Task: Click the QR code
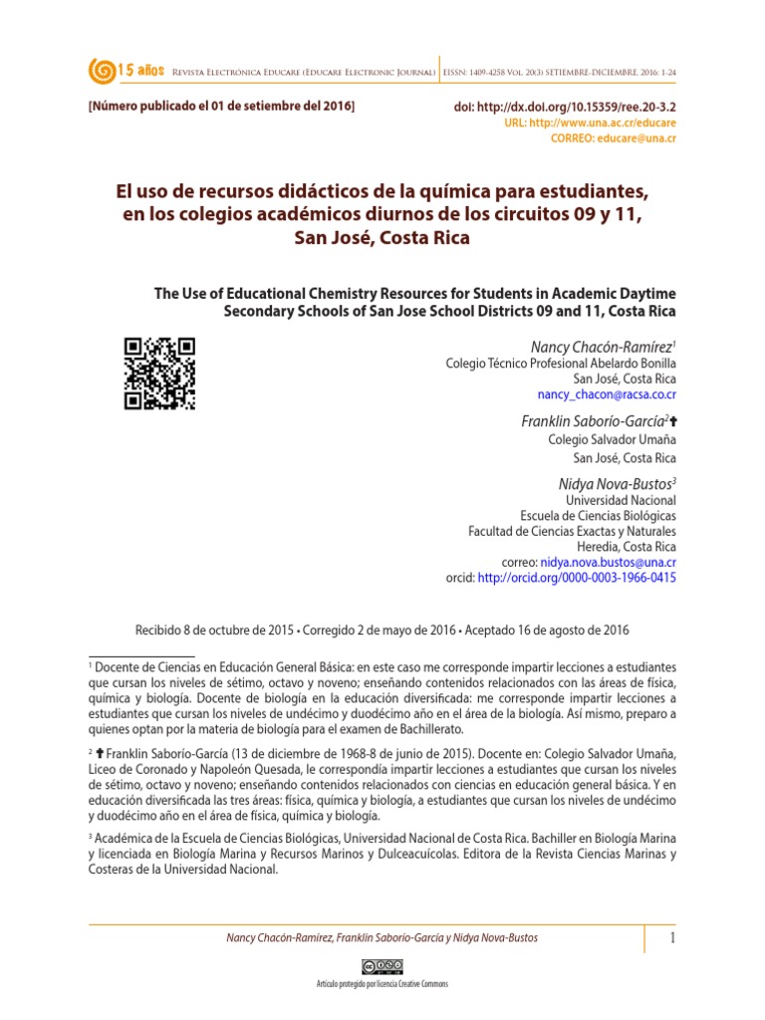click(159, 374)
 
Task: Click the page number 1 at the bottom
click(671, 938)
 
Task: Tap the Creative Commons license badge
click(382, 966)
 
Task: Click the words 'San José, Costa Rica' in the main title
click(382, 238)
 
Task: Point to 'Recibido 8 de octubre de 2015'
click(214, 631)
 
